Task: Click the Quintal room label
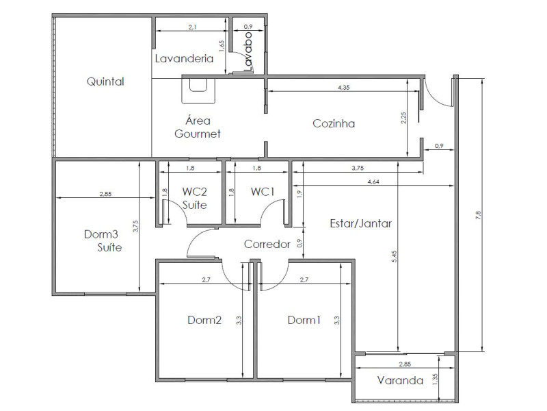click(105, 82)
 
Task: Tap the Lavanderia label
click(183, 58)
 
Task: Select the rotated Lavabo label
click(248, 51)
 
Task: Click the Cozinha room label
click(334, 124)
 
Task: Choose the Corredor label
click(267, 244)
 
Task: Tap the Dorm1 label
click(304, 320)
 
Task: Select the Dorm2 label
click(204, 320)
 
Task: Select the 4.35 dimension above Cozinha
click(345, 88)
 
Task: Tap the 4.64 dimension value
click(374, 182)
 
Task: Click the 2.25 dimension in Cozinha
click(404, 118)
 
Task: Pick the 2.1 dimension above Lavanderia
click(192, 27)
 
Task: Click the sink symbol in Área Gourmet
click(198, 86)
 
